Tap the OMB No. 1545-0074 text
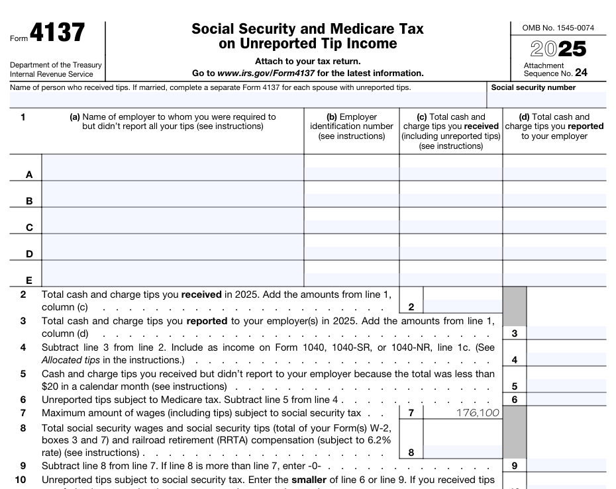(558, 28)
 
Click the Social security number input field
(546, 100)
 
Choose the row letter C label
(29, 228)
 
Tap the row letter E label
(29, 280)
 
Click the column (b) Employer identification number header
(351, 126)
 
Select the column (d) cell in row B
(554, 200)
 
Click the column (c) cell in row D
(450, 253)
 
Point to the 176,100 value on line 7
(477, 414)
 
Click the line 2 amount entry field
(462, 306)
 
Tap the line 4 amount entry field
(566, 360)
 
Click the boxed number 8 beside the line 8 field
(411, 453)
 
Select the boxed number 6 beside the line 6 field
(515, 400)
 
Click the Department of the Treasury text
(56, 65)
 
